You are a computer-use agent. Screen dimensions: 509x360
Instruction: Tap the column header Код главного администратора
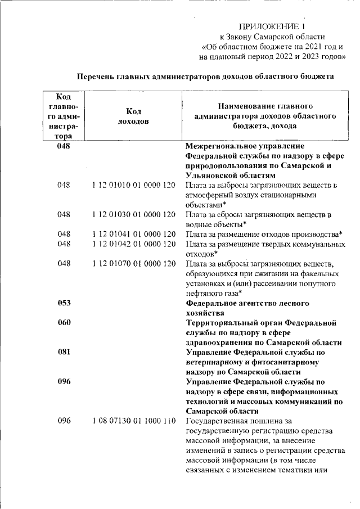click(66, 116)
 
